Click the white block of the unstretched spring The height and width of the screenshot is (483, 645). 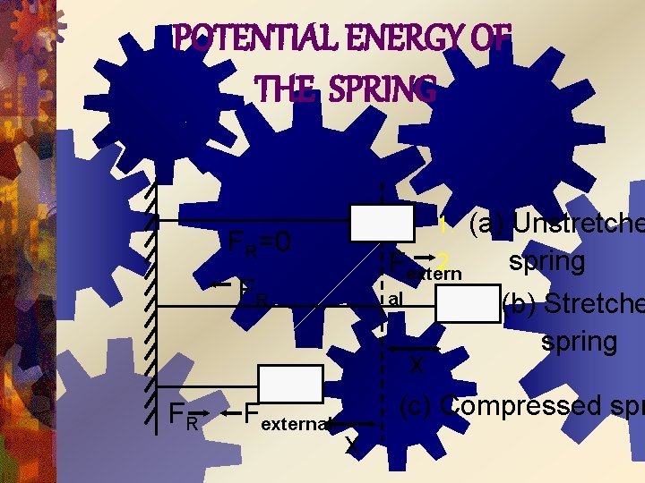(382, 223)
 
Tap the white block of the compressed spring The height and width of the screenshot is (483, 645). (289, 383)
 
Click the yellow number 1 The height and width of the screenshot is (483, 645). (443, 224)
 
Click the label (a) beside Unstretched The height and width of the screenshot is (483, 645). (487, 223)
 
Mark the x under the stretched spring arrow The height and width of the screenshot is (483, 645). (416, 365)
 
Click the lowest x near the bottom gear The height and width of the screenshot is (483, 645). (353, 446)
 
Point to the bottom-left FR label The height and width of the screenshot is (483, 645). (184, 415)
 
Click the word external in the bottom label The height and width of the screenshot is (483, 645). (297, 422)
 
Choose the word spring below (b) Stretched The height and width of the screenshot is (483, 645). (579, 341)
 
